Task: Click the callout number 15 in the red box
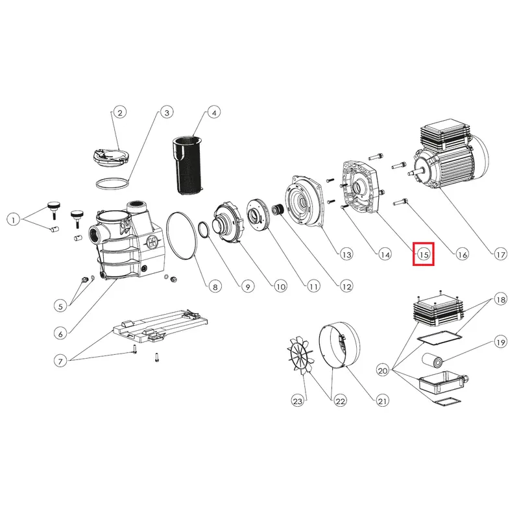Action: (x=424, y=254)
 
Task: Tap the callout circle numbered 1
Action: (x=13, y=220)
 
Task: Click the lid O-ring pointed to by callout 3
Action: (x=112, y=184)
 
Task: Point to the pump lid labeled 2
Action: (x=110, y=157)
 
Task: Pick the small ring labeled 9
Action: (x=204, y=230)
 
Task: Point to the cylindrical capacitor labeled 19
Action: (x=433, y=361)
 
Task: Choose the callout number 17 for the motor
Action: (x=500, y=254)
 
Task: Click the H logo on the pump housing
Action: (x=152, y=242)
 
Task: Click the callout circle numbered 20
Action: (x=383, y=370)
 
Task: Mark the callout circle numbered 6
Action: (x=60, y=334)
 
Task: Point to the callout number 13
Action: (x=346, y=254)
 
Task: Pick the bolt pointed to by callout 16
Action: (x=400, y=202)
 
